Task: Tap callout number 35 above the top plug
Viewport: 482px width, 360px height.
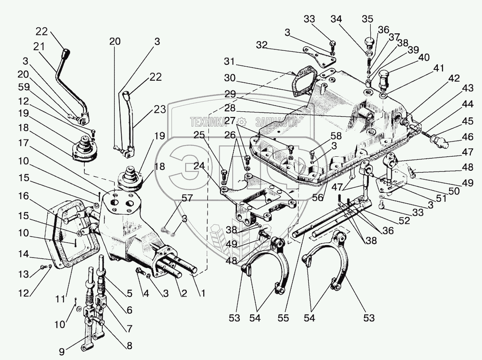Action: pos(367,19)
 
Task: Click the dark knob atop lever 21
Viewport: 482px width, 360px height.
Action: pos(66,54)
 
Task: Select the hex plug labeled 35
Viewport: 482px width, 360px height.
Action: pos(368,42)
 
